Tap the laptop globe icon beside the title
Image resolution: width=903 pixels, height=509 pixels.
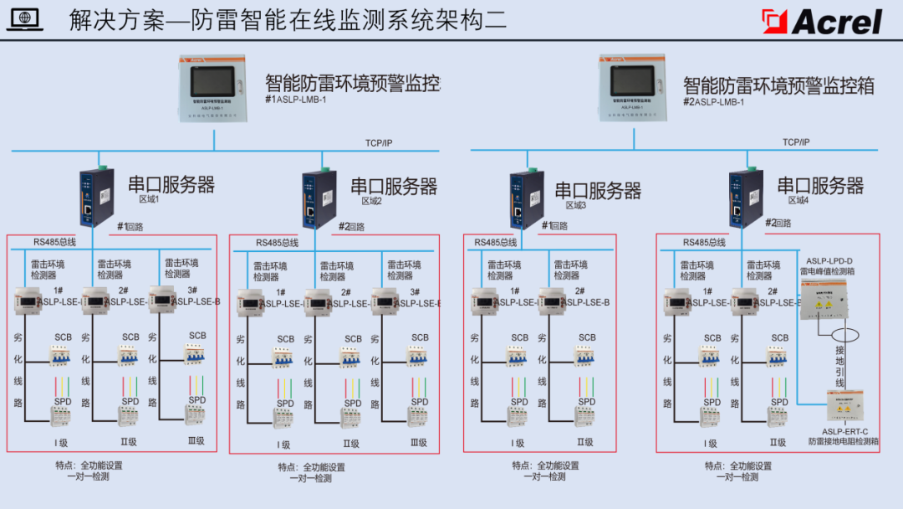24,20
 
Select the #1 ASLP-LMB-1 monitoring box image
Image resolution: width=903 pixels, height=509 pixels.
214,89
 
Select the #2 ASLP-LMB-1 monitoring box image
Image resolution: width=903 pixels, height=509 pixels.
632,89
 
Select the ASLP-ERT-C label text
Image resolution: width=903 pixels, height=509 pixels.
843,430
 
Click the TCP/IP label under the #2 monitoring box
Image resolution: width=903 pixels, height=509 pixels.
795,142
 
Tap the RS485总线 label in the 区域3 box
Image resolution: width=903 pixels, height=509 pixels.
496,243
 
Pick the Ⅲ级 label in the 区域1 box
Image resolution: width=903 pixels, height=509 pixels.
196,440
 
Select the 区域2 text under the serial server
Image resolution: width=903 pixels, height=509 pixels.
371,202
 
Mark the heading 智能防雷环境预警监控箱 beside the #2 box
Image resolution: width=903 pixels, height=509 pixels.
778,85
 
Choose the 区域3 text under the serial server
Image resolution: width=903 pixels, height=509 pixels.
576,205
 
